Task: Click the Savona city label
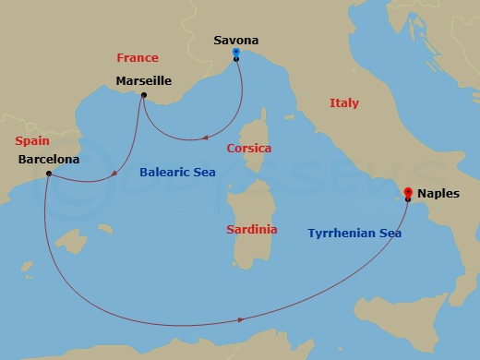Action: (x=235, y=41)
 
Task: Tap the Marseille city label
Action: (x=143, y=81)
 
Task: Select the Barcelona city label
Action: (x=48, y=159)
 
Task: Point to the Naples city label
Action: (x=438, y=195)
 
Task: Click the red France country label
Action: (x=138, y=58)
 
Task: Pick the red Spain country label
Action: (x=32, y=140)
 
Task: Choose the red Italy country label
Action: (x=344, y=103)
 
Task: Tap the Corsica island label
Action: (x=249, y=148)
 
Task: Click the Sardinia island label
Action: (x=251, y=229)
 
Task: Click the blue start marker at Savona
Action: (x=236, y=53)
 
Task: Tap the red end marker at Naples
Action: (x=407, y=192)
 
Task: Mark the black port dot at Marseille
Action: (x=144, y=94)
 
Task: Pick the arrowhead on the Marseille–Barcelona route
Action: (x=114, y=173)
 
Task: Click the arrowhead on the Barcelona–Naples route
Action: (x=242, y=319)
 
